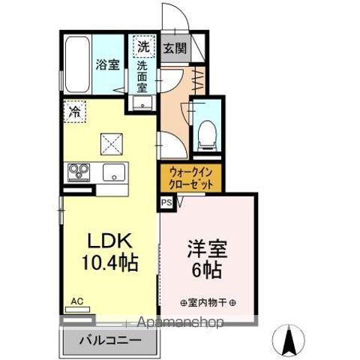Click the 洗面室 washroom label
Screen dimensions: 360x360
pos(142,76)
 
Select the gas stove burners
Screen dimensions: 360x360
pos(77,172)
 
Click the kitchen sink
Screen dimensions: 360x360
pos(113,172)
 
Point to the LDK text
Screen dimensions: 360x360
pos(111,242)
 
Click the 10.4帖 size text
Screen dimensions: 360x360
pos(111,264)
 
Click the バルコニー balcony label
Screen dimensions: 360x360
pos(109,340)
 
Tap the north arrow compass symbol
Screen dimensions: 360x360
pos(290,340)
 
